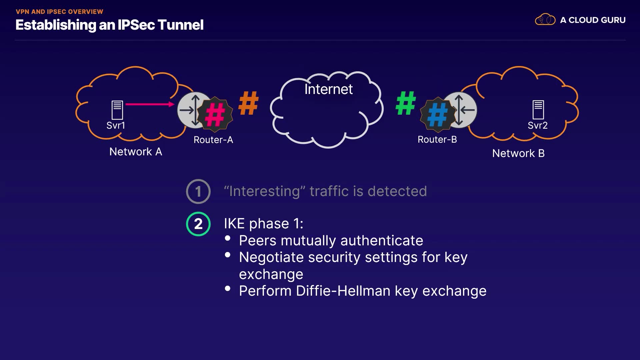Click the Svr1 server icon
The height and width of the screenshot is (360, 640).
tap(117, 110)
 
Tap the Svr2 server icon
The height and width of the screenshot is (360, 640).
tap(538, 110)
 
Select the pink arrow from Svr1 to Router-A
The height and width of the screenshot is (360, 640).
tap(150, 104)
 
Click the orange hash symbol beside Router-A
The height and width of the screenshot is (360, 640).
tap(249, 103)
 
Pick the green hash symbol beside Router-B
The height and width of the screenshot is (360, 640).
tap(406, 103)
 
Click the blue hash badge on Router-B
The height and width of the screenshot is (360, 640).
tap(438, 114)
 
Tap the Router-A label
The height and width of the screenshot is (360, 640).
tap(213, 140)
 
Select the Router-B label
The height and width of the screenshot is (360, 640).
tap(437, 139)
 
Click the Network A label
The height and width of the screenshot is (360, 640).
tap(136, 152)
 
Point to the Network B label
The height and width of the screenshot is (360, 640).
tap(518, 153)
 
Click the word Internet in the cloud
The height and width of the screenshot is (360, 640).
tap(328, 89)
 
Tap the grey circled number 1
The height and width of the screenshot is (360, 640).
tap(198, 192)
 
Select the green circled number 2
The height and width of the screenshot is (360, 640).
tap(198, 224)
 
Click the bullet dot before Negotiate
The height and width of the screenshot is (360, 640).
tap(228, 255)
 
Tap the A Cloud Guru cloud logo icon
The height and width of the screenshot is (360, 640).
tap(545, 20)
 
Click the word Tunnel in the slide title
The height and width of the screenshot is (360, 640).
tap(180, 25)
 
